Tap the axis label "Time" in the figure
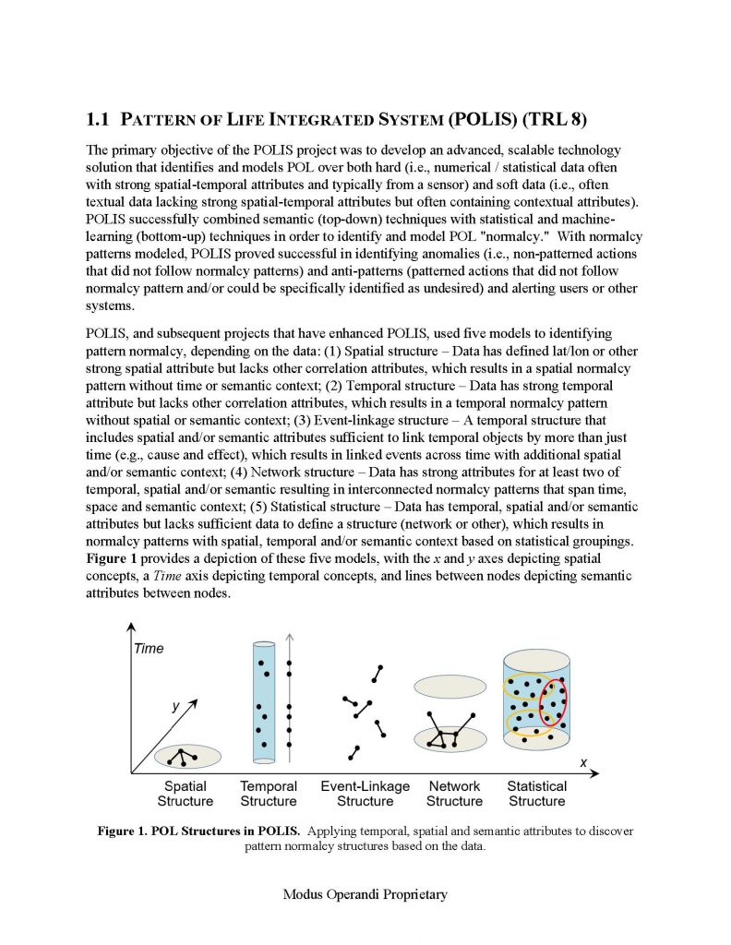click(149, 649)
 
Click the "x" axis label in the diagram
click(583, 762)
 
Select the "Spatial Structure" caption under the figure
click(186, 794)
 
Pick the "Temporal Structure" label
click(269, 794)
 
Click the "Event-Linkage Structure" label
click(365, 794)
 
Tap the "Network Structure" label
click(454, 794)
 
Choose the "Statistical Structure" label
click(536, 794)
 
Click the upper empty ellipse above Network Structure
click(449, 687)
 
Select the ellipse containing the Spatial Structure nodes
click(187, 757)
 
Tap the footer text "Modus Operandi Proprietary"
click(365, 894)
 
